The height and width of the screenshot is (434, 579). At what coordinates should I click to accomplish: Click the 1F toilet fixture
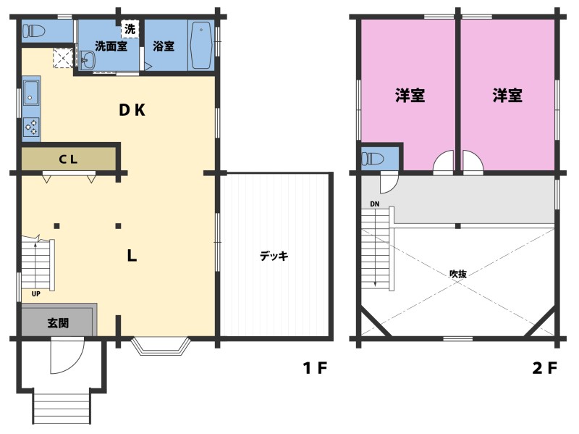33,30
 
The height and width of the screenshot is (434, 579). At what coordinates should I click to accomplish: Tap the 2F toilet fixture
373,159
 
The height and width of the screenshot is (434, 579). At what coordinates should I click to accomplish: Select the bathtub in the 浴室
200,45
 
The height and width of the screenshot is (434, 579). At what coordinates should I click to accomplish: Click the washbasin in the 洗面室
88,60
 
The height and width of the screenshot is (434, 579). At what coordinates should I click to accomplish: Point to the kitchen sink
31,93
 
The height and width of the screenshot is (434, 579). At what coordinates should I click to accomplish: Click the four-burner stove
31,127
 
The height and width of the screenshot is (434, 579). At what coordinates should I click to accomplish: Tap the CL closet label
68,159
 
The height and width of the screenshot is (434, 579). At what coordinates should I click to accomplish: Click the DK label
132,110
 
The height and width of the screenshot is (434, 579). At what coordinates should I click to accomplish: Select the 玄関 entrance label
59,322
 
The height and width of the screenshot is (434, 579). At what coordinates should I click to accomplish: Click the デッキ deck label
274,256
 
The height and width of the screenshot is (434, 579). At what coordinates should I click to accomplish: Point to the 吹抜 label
458,274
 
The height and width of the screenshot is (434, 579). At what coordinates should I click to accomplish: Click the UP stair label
35,294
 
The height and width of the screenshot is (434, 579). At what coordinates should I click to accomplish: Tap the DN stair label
374,204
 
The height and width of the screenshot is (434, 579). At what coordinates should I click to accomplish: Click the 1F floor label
315,368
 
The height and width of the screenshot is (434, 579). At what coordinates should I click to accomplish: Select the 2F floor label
545,368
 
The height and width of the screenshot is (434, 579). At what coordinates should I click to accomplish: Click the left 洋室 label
410,96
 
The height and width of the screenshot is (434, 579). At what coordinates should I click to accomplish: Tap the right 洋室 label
507,96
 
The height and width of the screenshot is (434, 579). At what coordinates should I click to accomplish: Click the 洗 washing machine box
130,29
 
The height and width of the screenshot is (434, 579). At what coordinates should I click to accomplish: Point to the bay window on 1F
161,346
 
